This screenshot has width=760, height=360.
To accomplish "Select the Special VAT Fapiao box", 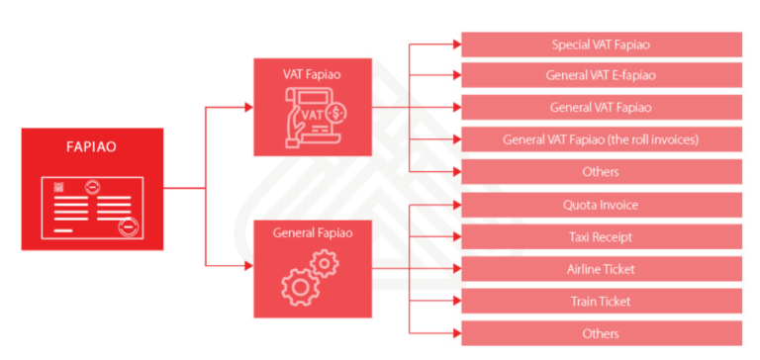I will [601, 45].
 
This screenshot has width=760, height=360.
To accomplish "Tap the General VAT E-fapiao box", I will [601, 75].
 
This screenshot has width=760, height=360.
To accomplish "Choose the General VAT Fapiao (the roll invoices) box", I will [601, 139].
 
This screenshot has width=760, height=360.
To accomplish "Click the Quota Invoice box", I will [601, 205].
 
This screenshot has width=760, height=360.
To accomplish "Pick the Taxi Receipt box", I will [601, 237].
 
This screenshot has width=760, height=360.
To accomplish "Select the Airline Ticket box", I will [601, 269].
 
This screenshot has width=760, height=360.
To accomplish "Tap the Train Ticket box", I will [601, 302].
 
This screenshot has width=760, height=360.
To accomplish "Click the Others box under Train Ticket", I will [601, 333].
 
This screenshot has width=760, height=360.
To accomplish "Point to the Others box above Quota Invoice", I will [601, 171].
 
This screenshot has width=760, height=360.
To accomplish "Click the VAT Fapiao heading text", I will [312, 74].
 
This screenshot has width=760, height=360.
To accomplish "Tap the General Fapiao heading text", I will [312, 232].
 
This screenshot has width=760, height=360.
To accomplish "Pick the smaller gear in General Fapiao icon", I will [327, 262].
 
